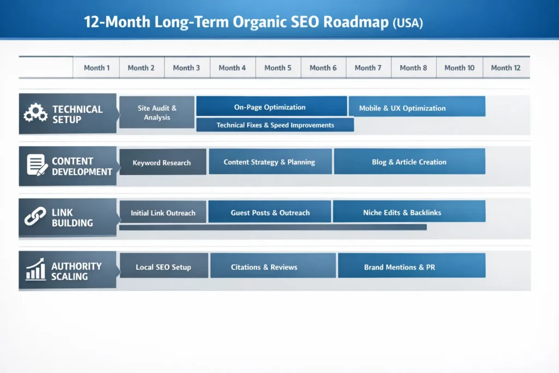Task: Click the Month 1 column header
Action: point(97,68)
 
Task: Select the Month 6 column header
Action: point(323,68)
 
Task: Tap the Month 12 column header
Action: point(506,68)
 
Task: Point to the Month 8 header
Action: point(413,68)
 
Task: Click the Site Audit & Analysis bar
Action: point(157,113)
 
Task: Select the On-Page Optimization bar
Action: point(271,106)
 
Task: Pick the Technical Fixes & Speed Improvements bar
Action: point(275,125)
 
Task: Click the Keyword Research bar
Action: point(163,162)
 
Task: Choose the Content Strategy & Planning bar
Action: point(270,162)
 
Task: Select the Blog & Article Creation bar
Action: point(409,162)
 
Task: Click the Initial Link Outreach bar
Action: point(163,212)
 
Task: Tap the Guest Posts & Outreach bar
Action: point(270,212)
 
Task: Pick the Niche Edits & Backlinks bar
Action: point(409,212)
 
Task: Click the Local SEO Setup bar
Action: point(163,267)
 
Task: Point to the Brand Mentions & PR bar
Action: point(411,267)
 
